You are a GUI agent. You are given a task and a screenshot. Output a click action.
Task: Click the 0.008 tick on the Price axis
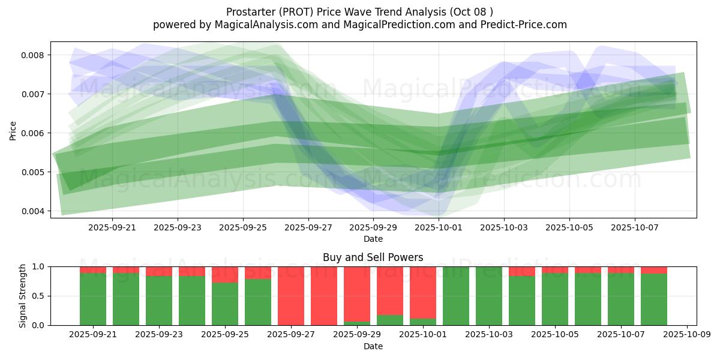(x=35, y=55)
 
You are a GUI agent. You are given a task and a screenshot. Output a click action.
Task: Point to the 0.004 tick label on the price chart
(x=35, y=211)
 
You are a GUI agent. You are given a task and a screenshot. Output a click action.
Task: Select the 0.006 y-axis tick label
(x=35, y=133)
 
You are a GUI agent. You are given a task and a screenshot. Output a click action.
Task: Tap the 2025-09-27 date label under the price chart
(x=308, y=228)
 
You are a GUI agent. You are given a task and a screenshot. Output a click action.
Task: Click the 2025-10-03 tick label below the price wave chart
(x=504, y=228)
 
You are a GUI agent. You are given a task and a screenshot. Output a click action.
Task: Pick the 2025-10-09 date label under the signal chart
(x=686, y=335)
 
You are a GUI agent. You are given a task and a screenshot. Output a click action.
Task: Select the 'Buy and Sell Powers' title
(x=373, y=257)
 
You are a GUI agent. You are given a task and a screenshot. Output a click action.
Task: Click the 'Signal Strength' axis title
(x=23, y=296)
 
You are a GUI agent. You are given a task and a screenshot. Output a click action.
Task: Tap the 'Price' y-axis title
(x=13, y=130)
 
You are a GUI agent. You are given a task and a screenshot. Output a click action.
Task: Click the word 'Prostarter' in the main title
(x=252, y=12)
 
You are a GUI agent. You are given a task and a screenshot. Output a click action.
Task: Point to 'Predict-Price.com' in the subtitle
(x=517, y=25)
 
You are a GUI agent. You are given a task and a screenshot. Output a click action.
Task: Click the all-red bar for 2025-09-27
(x=291, y=296)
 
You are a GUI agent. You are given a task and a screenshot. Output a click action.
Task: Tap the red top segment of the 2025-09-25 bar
(x=225, y=274)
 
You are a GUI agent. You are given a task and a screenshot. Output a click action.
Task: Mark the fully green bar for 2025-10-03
(x=489, y=296)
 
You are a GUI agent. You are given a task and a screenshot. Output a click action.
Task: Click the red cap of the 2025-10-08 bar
(x=654, y=270)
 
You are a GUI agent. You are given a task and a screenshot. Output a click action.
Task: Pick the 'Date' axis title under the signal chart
(x=373, y=346)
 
